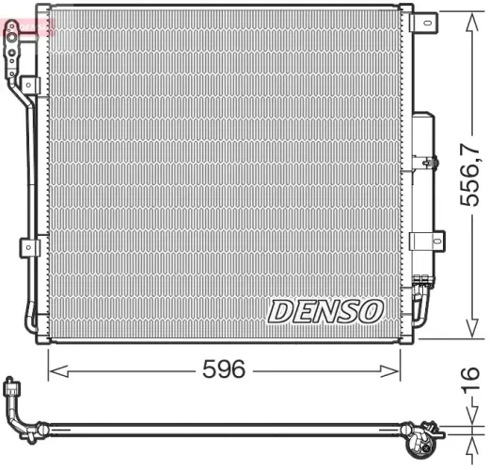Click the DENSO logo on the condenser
[x=325, y=310]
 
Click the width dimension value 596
[x=224, y=369]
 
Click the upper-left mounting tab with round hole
[x=28, y=86]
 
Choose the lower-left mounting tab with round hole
[x=28, y=246]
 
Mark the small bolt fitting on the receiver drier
[x=430, y=163]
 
